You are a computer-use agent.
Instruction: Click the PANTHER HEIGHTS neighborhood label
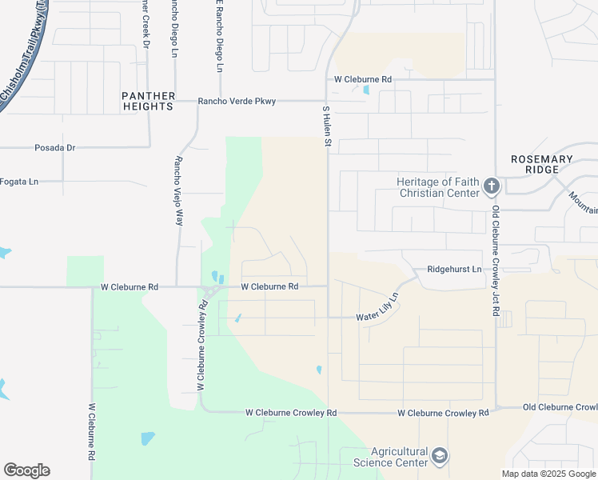pos(148,101)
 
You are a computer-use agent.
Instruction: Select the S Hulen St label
pos(326,126)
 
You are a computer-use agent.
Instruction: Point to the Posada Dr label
pos(54,148)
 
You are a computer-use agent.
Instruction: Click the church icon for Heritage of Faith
pos(491,188)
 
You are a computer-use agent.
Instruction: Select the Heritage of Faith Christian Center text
pos(438,187)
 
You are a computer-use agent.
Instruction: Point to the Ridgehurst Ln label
pos(454,270)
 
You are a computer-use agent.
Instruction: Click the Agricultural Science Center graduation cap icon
pos(438,456)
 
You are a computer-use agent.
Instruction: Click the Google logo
pos(26,470)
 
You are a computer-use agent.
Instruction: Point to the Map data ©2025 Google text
pos(548,474)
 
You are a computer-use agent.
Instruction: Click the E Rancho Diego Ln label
pos(217,35)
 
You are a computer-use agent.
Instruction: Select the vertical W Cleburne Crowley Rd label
pos(201,346)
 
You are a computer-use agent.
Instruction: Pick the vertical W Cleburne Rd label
pos(92,431)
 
